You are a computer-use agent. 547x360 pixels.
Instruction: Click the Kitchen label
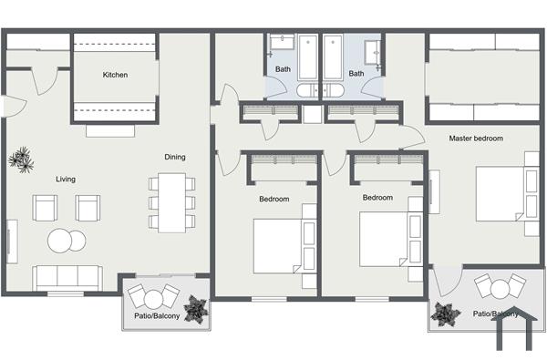click(x=115, y=75)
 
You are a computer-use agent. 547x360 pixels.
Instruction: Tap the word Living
click(x=65, y=179)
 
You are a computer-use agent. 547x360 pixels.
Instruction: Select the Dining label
click(x=175, y=157)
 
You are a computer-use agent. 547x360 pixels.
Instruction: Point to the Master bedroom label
click(x=476, y=139)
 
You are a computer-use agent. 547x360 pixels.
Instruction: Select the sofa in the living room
click(x=67, y=276)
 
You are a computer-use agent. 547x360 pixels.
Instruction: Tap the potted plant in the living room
click(x=21, y=161)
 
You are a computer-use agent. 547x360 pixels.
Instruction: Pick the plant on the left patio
click(x=196, y=311)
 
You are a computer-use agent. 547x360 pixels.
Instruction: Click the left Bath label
click(x=283, y=72)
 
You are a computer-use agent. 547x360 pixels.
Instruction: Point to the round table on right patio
click(x=500, y=290)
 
